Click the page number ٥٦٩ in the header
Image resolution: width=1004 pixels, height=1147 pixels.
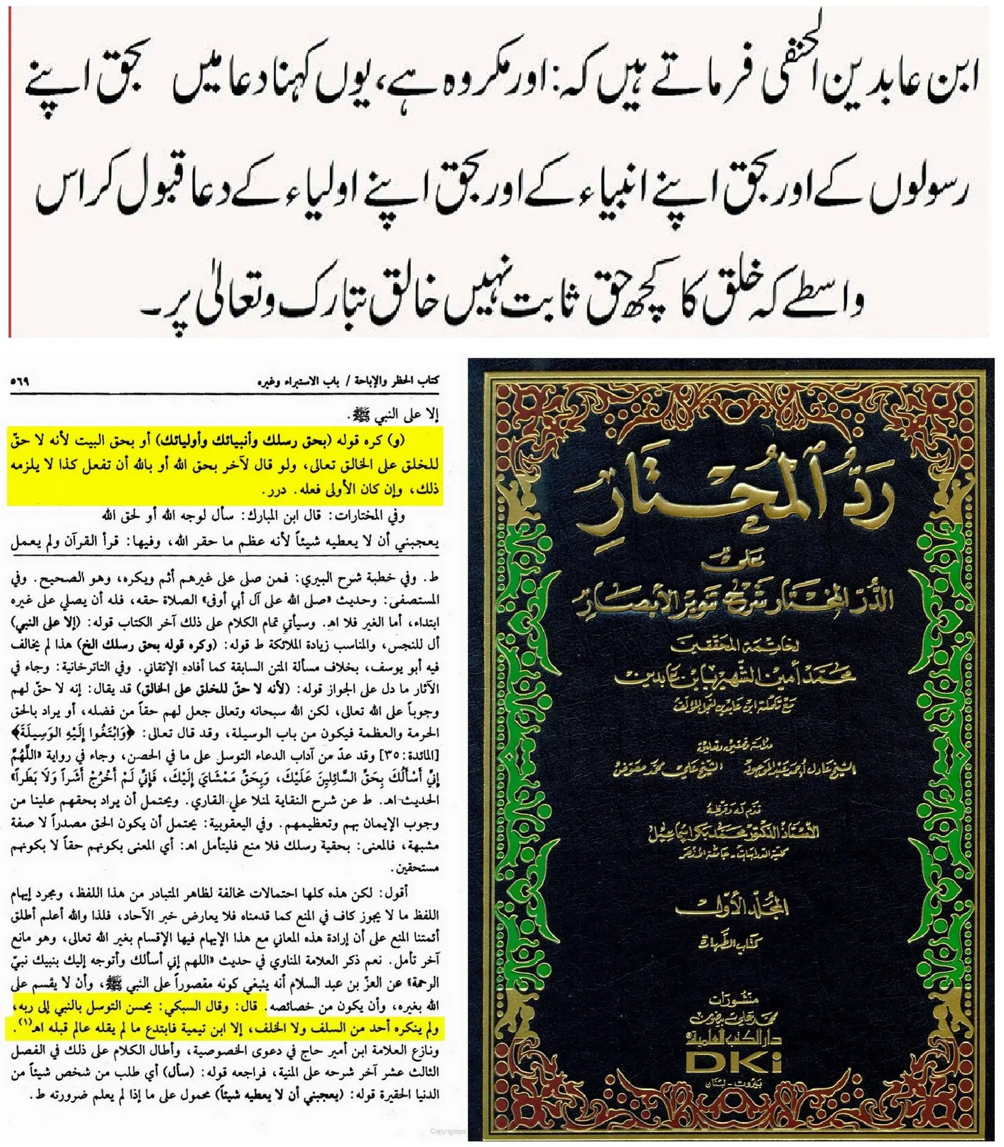[x=20, y=382]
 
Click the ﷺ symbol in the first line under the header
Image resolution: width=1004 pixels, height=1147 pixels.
[x=359, y=413]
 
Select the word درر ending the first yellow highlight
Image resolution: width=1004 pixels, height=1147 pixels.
[x=272, y=491]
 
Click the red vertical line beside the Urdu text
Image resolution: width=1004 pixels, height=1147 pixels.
[x=10, y=173]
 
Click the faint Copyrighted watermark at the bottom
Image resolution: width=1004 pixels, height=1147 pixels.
[x=448, y=1132]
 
